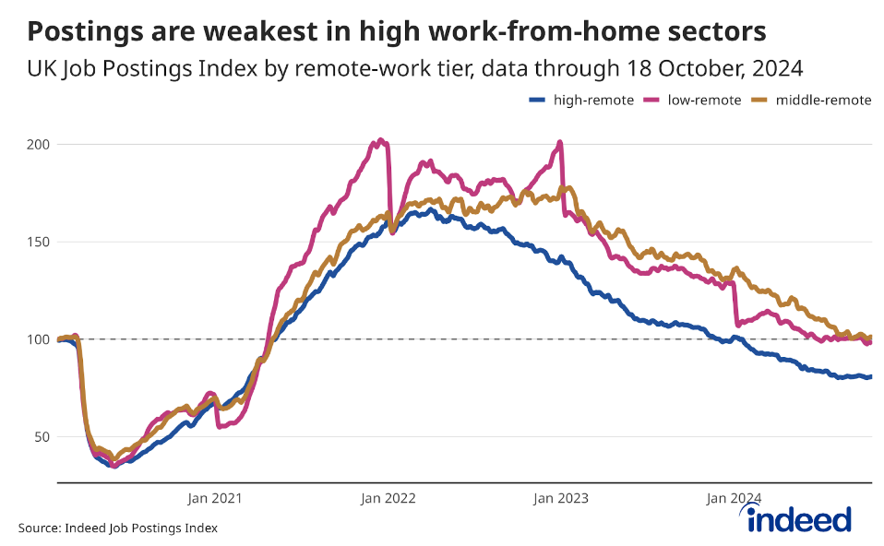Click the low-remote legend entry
[x=704, y=101]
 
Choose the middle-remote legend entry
[x=823, y=101]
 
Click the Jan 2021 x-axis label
[x=214, y=498]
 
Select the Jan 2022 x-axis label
[x=388, y=498]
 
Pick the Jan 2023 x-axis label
[x=560, y=498]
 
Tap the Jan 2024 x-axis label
[x=734, y=498]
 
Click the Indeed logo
[x=799, y=519]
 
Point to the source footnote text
[x=118, y=528]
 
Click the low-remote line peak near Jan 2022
[x=380, y=141]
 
